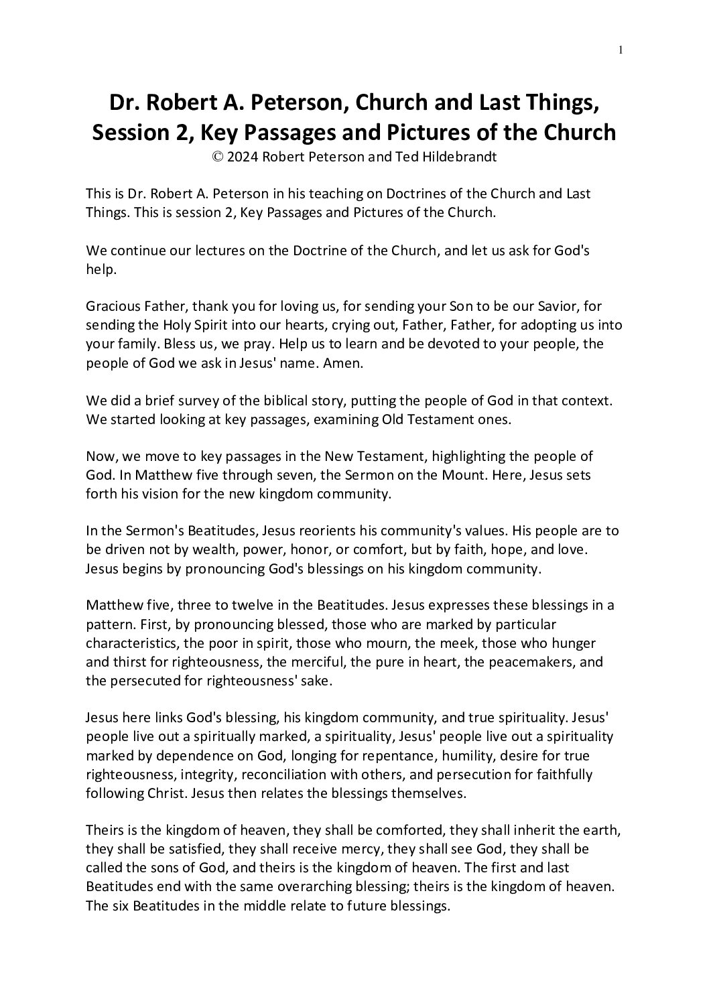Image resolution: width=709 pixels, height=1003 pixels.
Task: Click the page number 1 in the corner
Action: click(621, 49)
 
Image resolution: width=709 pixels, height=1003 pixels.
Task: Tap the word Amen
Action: click(342, 362)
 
